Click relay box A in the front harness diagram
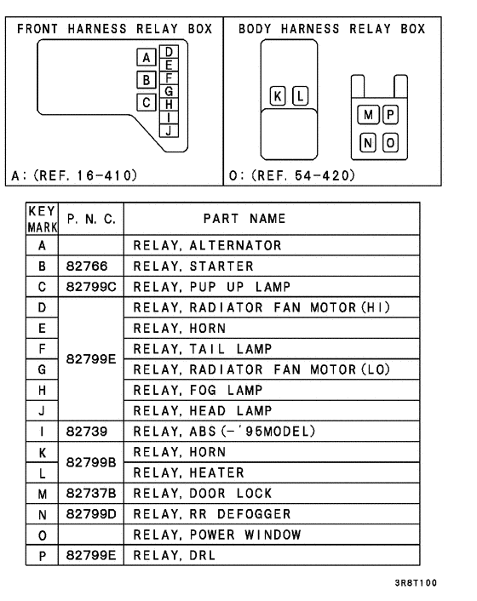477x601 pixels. tap(147, 58)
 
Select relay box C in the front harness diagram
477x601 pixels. tap(147, 103)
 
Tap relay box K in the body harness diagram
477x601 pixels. tap(278, 94)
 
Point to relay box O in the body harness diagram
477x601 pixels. tap(390, 142)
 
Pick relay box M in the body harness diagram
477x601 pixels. tap(368, 115)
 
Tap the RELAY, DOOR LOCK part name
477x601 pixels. tap(202, 494)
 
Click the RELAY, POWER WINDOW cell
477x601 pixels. tap(217, 535)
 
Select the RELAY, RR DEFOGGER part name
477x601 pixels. tap(212, 514)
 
